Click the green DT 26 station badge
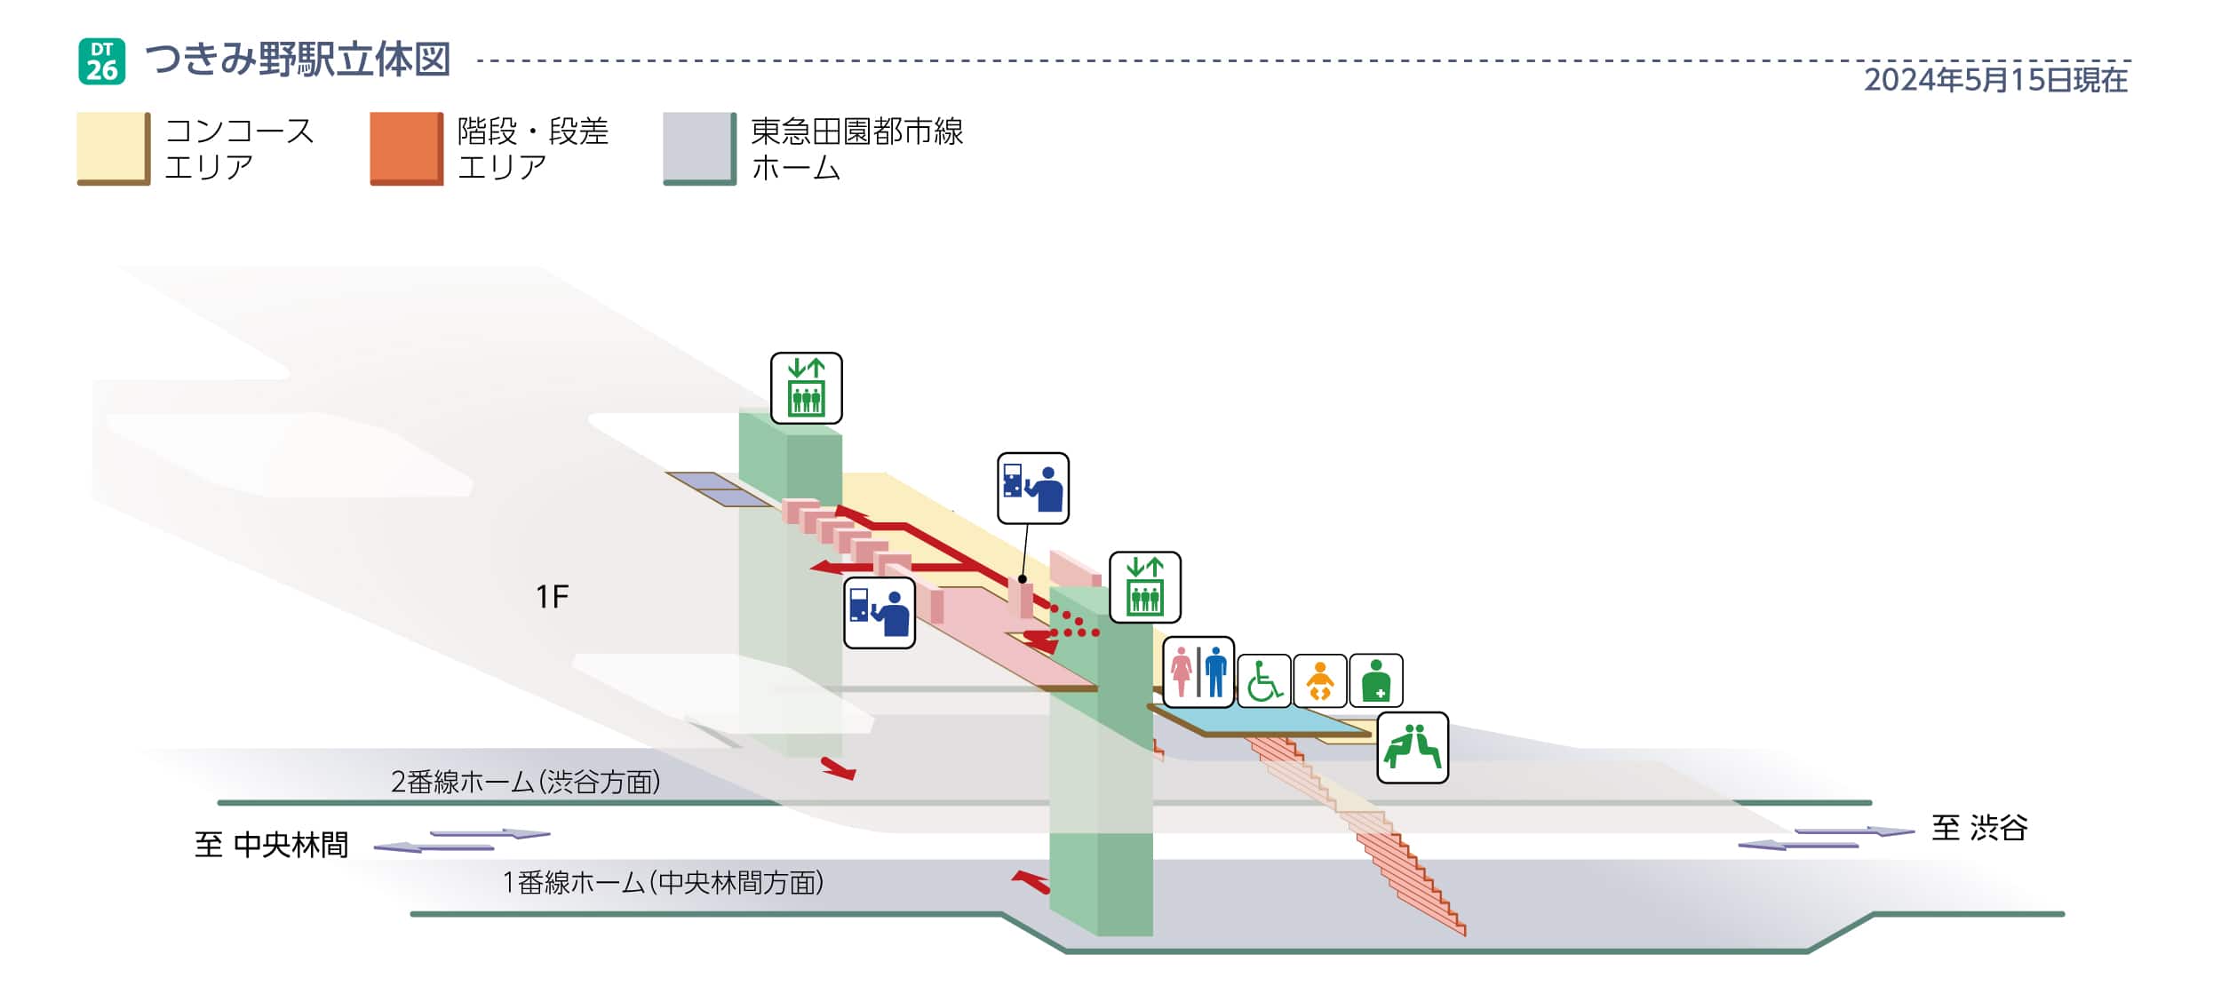(102, 61)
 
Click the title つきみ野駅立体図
(298, 60)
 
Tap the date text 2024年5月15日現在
(1995, 80)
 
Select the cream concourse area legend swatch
(114, 148)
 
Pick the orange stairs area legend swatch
(407, 148)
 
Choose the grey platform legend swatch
(700, 148)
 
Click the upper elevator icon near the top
(806, 388)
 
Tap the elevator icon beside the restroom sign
(1145, 587)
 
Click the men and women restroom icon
(1198, 672)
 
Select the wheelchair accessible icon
(1263, 680)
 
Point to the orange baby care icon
(1319, 680)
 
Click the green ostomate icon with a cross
(1375, 680)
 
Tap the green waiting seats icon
(1413, 747)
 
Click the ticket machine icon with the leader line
(1033, 489)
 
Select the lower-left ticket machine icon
(880, 613)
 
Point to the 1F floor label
(552, 597)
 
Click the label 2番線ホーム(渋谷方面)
(526, 782)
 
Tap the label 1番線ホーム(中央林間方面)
(664, 882)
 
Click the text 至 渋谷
(1979, 828)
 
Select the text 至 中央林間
(271, 844)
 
